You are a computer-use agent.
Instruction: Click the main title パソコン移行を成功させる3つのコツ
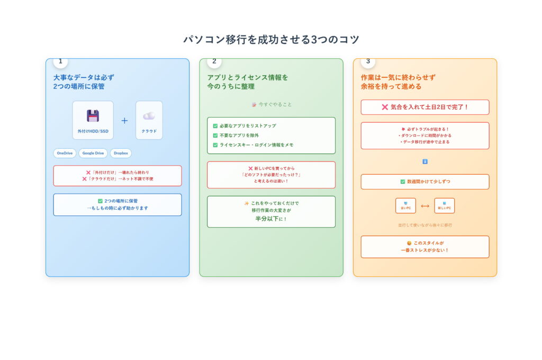[x=271, y=40]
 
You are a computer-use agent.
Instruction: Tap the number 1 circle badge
[x=60, y=61]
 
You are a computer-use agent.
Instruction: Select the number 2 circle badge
[x=214, y=61]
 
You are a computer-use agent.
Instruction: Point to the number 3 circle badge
[x=368, y=61]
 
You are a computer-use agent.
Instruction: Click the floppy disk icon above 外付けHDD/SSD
[x=93, y=116]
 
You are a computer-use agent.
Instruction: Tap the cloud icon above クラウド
[x=149, y=116]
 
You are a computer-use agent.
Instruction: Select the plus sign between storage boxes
[x=124, y=121]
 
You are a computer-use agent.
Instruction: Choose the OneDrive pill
[x=65, y=153]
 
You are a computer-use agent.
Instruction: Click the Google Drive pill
[x=93, y=153]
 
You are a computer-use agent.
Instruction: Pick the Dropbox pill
[x=121, y=153]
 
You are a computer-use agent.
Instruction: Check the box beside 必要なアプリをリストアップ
[x=215, y=126]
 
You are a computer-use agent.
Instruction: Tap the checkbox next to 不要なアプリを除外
[x=215, y=136]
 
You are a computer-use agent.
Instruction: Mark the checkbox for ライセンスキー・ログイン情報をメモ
[x=215, y=145]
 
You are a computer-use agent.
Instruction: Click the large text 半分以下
[x=267, y=218]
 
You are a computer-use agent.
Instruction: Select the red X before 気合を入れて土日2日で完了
[x=385, y=107]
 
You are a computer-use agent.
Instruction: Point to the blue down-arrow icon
[x=425, y=161]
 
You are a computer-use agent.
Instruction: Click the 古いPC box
[x=405, y=205]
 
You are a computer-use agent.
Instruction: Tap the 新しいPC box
[x=444, y=205]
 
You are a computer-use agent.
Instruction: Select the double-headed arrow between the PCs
[x=425, y=206]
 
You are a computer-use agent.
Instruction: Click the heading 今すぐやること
[x=275, y=104]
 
